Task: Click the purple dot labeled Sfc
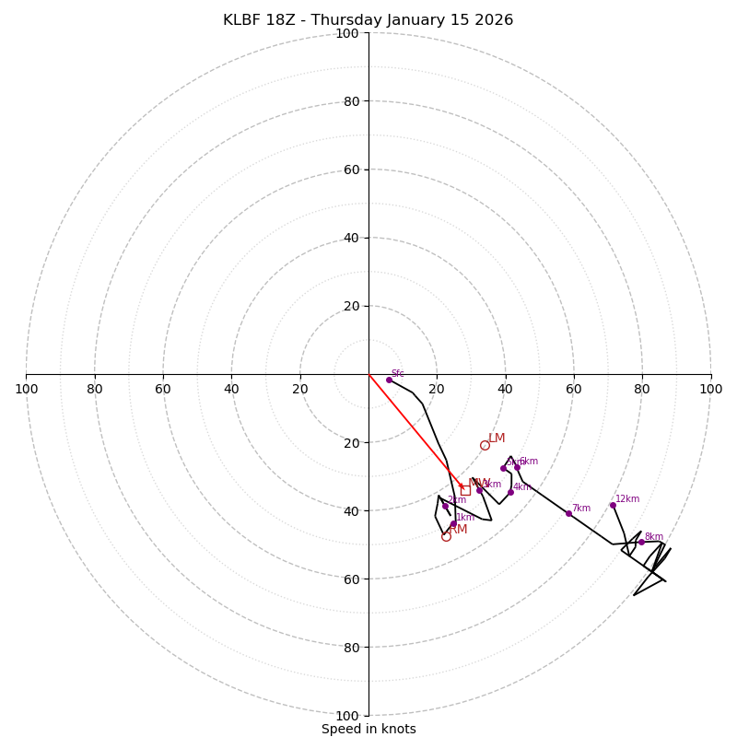click(389, 380)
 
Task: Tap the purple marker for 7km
click(568, 513)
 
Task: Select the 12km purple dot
click(613, 505)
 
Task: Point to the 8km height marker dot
click(641, 542)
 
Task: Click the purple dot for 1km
click(453, 524)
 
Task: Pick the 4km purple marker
click(510, 492)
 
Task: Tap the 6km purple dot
click(517, 467)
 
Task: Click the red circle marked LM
click(485, 445)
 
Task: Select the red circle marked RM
click(446, 536)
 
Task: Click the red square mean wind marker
click(465, 490)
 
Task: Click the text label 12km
click(627, 499)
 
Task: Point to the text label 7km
click(580, 509)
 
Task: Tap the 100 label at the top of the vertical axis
click(347, 33)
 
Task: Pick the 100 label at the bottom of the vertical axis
click(347, 716)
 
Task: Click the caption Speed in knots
click(368, 730)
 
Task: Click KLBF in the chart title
click(242, 20)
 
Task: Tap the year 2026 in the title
click(494, 20)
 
